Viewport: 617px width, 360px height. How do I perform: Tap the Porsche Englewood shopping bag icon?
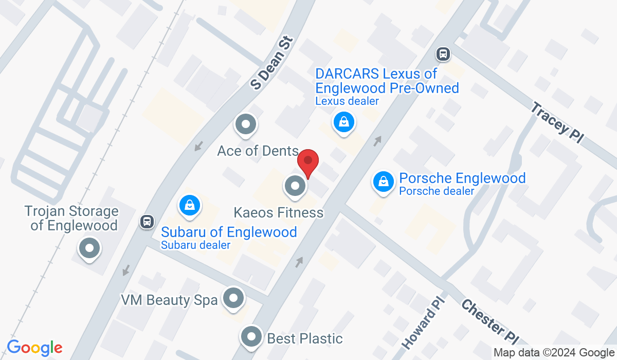point(383,181)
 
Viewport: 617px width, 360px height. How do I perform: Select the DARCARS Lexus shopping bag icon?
point(342,122)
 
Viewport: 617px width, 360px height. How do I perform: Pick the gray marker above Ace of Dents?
point(245,124)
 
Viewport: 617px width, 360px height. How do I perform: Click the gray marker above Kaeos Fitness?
point(295,186)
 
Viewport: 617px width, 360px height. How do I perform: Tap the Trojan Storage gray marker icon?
point(89,249)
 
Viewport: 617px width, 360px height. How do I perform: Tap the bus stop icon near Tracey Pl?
point(443,53)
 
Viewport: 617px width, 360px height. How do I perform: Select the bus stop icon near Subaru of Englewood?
point(147,222)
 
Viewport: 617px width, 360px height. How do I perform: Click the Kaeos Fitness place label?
point(279,212)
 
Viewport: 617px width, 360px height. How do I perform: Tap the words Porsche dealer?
point(437,191)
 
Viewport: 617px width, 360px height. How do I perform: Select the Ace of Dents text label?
point(258,151)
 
